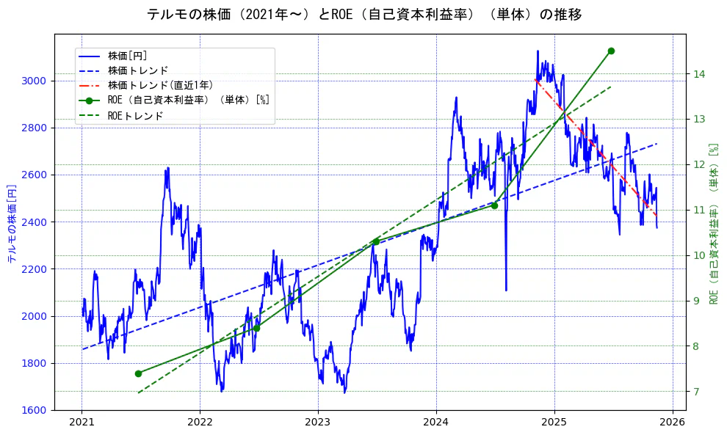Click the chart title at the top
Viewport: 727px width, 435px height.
364,15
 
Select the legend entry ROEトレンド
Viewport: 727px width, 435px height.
135,116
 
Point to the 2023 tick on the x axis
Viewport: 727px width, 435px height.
318,422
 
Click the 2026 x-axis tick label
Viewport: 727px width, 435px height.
673,422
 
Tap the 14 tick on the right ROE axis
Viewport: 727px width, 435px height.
699,74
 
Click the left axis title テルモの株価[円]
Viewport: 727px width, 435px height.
12,224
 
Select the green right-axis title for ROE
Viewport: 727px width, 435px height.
713,224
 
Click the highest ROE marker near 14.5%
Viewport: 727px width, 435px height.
611,51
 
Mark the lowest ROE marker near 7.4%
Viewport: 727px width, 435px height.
138,373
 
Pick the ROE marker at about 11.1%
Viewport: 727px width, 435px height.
494,205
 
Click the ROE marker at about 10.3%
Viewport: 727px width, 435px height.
376,241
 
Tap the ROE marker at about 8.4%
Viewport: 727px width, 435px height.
256,328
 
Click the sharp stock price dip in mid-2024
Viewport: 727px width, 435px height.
506,289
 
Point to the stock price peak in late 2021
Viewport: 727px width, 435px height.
168,168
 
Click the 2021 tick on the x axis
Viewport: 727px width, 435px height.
82,422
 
